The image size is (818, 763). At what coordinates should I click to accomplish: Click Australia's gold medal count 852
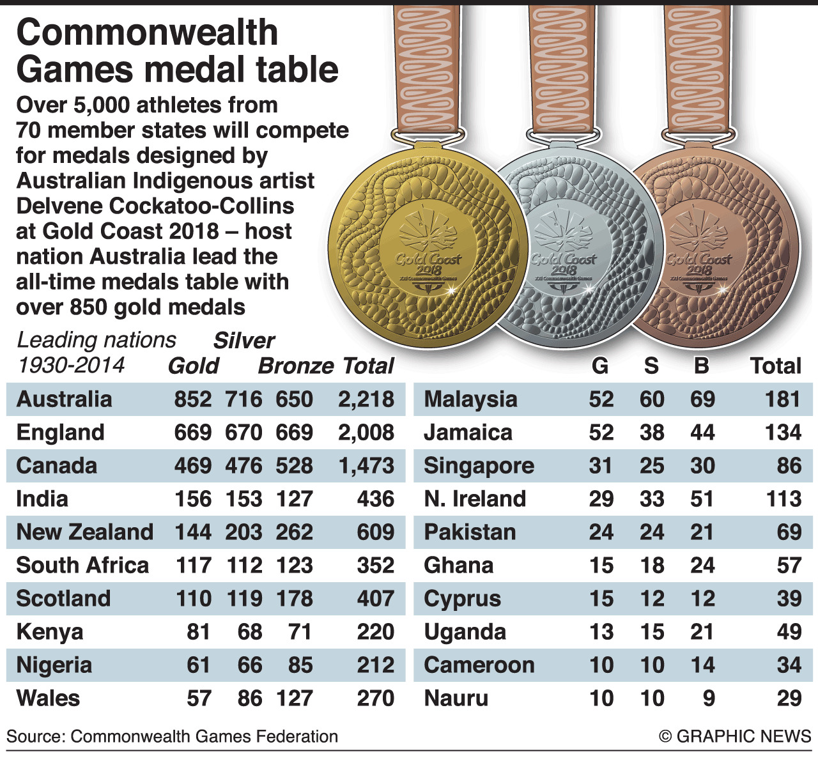pyautogui.click(x=192, y=399)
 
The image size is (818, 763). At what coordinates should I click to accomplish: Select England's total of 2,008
pyautogui.click(x=366, y=433)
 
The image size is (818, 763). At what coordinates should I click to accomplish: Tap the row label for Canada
pyautogui.click(x=56, y=466)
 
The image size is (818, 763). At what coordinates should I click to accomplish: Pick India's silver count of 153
pyautogui.click(x=243, y=499)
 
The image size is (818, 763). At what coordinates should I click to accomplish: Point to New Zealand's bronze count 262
pyautogui.click(x=294, y=532)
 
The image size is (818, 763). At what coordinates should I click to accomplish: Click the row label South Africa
pyautogui.click(x=82, y=566)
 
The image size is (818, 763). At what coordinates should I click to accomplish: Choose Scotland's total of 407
pyautogui.click(x=375, y=599)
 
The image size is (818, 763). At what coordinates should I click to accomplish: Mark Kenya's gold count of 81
pyautogui.click(x=198, y=632)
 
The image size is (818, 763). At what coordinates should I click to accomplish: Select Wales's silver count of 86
pyautogui.click(x=249, y=698)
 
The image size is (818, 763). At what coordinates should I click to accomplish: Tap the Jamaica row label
pyautogui.click(x=468, y=433)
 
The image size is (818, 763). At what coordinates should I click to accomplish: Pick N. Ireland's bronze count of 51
pyautogui.click(x=702, y=499)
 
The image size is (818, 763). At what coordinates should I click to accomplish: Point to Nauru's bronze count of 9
pyautogui.click(x=708, y=698)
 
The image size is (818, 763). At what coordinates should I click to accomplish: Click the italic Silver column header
pyautogui.click(x=243, y=341)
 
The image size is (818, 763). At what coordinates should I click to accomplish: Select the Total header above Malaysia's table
pyautogui.click(x=775, y=366)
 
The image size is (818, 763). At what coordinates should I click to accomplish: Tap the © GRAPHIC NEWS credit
pyautogui.click(x=735, y=737)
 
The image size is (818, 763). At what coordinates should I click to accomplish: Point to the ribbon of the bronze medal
pyautogui.click(x=697, y=64)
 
